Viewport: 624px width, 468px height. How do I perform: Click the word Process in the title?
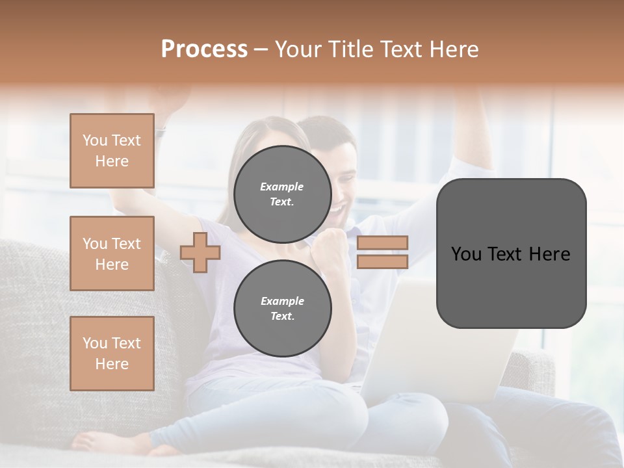tap(204, 49)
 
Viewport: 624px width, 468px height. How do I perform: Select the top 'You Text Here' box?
tap(112, 151)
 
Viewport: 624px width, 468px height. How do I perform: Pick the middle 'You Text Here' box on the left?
tap(112, 253)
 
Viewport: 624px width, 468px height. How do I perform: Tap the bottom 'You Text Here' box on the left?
tap(112, 354)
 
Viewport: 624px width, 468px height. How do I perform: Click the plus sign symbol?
tap(200, 253)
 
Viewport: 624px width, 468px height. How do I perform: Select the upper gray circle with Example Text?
tap(282, 194)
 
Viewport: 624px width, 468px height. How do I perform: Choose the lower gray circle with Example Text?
tap(282, 309)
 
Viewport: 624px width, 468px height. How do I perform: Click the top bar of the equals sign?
tap(382, 242)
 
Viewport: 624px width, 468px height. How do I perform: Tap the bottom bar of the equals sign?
tap(382, 262)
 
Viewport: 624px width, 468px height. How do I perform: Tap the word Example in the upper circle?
tap(282, 187)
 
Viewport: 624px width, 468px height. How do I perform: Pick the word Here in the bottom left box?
tap(112, 364)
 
